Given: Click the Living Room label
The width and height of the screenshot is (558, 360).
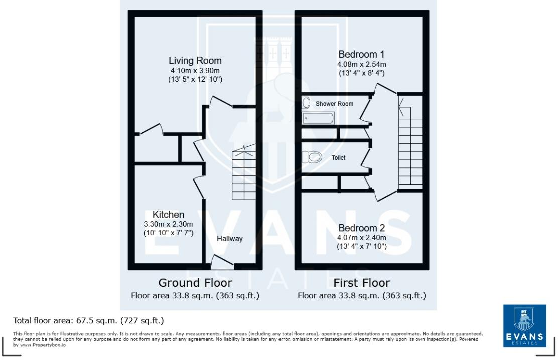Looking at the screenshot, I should (195, 61).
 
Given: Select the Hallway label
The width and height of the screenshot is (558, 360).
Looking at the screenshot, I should (229, 239).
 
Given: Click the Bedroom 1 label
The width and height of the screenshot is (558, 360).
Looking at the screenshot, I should (361, 54).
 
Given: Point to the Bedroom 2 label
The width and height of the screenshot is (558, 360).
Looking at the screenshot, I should (361, 228).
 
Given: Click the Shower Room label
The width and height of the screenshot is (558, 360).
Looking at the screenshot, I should (334, 104).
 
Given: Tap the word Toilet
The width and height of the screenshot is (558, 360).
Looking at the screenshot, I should (339, 157).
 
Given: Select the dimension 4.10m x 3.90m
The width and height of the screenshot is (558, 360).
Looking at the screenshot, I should (195, 71).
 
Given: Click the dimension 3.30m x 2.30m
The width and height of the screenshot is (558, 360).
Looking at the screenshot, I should (168, 224).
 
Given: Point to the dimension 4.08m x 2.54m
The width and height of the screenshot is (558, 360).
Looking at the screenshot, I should (361, 64).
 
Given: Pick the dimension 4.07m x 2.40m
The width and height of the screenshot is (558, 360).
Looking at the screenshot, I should (361, 237).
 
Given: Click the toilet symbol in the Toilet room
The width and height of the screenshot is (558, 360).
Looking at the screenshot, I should (312, 157).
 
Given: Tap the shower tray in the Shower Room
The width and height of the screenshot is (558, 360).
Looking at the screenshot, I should (318, 118).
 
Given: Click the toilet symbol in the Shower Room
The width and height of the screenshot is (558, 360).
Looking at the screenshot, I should (306, 103).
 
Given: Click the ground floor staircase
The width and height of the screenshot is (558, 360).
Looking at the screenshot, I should (243, 173).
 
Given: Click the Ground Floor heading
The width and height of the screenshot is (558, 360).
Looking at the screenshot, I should (195, 283).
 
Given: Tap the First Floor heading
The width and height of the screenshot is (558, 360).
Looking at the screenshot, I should (361, 283).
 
